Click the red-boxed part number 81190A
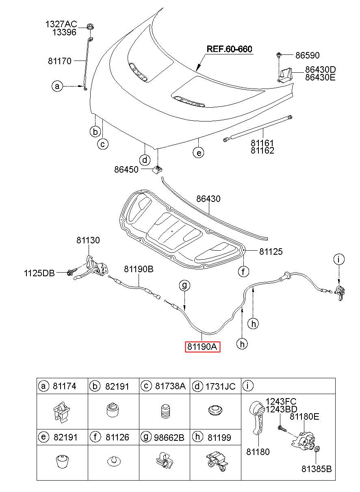click(x=202, y=347)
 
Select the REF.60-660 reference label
click(x=229, y=49)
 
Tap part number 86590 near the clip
click(x=307, y=55)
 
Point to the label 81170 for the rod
click(x=60, y=61)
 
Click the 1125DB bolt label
click(x=39, y=273)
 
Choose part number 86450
click(x=126, y=169)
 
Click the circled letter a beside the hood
click(x=57, y=86)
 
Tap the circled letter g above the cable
click(x=184, y=285)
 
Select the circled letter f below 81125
click(x=243, y=272)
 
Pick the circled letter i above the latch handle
click(x=339, y=259)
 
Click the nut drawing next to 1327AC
click(x=90, y=27)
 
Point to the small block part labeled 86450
click(x=158, y=169)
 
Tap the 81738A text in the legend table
click(x=170, y=386)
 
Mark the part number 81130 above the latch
click(x=88, y=240)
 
